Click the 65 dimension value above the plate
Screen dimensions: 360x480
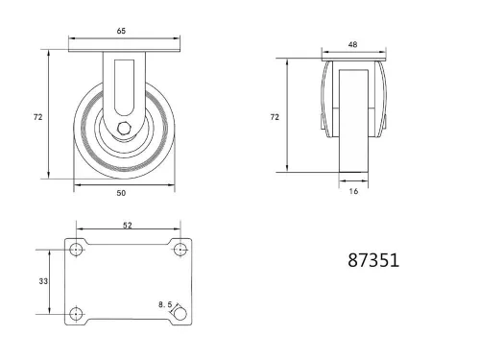point(122,32)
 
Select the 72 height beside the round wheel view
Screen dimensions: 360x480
point(37,117)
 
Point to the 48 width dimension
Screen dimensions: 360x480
point(353,43)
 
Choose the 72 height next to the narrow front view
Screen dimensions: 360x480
point(275,116)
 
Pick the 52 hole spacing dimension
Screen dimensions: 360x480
point(128,225)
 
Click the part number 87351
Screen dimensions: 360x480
point(373,260)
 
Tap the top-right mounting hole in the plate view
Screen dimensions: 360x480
point(179,250)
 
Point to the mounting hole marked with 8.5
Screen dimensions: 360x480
point(179,313)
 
